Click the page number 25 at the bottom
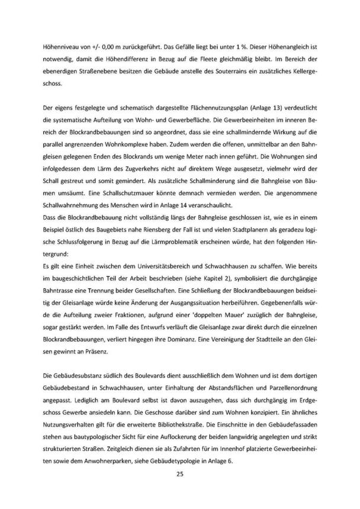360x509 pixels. (x=179, y=474)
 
